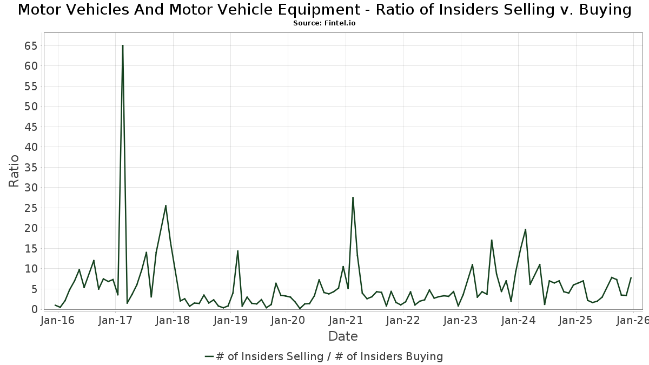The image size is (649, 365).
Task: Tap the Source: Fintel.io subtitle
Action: point(325,23)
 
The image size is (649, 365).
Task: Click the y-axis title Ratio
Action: point(14,171)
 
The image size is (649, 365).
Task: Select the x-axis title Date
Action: point(343,336)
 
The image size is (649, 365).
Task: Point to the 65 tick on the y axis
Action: point(30,46)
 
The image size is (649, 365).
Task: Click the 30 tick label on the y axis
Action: point(30,188)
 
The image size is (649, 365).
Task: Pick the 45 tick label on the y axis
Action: point(30,127)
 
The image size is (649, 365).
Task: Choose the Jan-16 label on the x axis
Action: point(57,320)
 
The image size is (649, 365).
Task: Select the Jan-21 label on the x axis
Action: point(345,320)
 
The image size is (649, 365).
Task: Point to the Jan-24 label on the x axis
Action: point(518,320)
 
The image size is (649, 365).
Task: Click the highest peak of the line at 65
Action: point(123,46)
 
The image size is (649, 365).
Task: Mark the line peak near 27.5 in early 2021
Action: point(353,198)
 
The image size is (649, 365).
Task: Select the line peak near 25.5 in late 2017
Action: point(165,205)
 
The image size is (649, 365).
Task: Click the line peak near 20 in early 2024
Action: point(525,229)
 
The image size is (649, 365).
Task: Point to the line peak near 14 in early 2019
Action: point(237,251)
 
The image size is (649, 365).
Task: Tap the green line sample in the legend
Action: point(209,356)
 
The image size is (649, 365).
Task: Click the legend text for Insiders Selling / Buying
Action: point(329,356)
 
